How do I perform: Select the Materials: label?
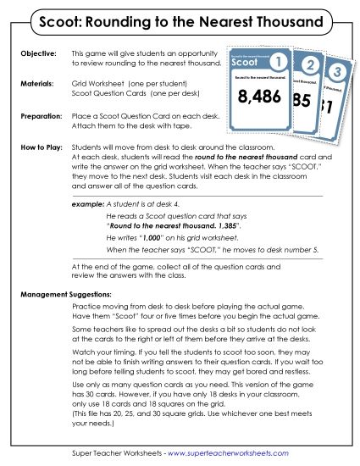point(36,85)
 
